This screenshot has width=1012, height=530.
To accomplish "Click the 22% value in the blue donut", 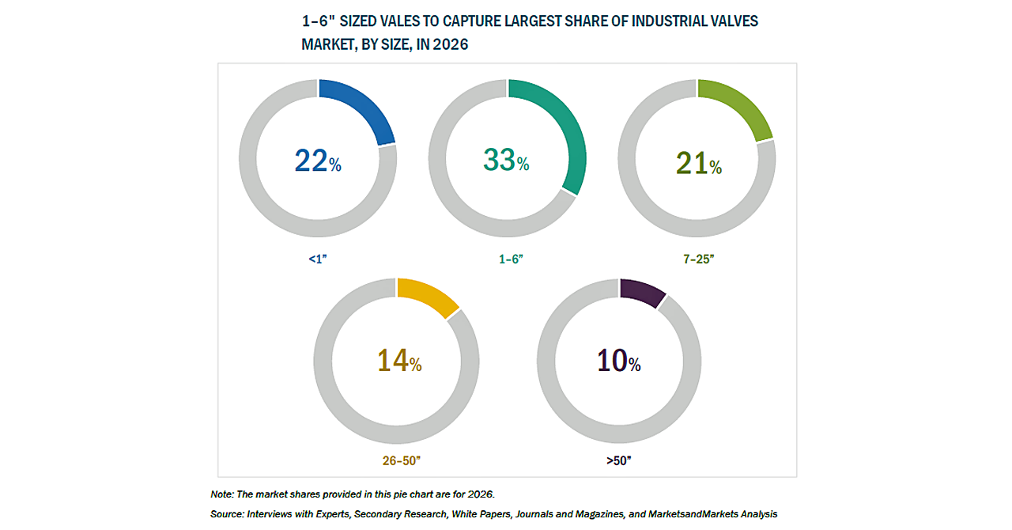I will coord(318,161).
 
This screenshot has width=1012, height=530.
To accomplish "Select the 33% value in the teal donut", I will coord(506,161).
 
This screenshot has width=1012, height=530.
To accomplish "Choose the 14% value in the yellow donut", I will coord(398,362).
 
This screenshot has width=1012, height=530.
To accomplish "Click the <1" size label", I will coord(319,259).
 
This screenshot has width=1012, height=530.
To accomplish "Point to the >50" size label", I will coord(618,459).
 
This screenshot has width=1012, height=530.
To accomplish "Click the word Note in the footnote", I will coord(223,494).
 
